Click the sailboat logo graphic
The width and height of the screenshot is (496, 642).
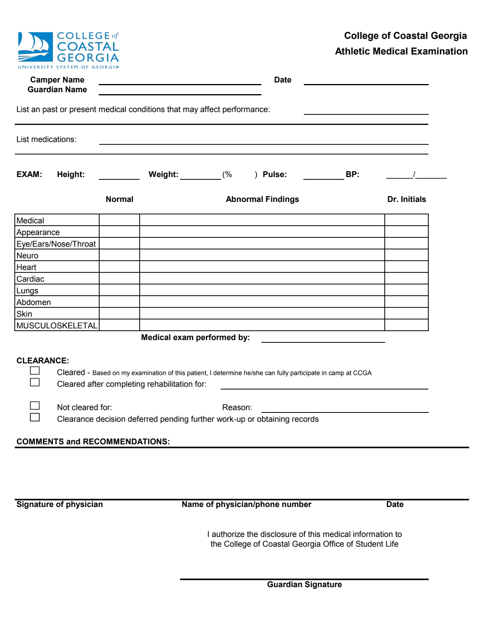35,47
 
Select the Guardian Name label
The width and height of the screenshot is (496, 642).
57,90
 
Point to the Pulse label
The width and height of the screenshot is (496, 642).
275,175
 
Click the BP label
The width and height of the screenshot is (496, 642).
352,175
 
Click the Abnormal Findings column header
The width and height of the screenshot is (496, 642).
262,200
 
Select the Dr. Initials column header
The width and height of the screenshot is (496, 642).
407,200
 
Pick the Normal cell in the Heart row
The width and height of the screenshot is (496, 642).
119,267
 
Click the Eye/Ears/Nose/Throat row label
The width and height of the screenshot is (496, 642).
56,244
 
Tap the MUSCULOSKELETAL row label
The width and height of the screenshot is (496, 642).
57,326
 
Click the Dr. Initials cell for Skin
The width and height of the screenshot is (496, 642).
406,314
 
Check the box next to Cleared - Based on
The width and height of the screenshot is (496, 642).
35,371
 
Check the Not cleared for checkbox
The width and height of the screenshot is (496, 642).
35,406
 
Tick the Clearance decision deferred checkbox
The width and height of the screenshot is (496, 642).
35,417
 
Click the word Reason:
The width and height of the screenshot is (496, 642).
237,408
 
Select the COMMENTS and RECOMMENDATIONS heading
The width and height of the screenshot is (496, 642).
93,442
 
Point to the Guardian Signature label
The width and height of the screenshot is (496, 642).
304,585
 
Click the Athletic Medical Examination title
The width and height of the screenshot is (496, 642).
401,51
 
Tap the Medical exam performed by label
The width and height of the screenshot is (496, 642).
195,338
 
